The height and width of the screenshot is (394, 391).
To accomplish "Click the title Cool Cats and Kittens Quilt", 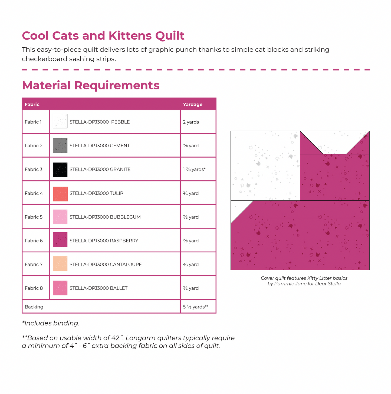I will [x=103, y=36].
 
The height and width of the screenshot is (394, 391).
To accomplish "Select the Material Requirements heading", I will [x=91, y=85].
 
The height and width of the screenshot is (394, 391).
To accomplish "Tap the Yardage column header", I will [x=192, y=105].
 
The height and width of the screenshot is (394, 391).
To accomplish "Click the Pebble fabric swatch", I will [x=60, y=121].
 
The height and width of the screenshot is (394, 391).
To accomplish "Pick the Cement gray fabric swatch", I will [x=60, y=145].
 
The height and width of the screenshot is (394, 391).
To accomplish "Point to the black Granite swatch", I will [x=60, y=170].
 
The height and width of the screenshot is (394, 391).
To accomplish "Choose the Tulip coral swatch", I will [x=60, y=194].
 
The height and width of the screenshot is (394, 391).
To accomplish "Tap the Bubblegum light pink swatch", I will [x=60, y=217].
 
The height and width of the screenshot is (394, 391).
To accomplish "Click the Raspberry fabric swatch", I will [x=60, y=239].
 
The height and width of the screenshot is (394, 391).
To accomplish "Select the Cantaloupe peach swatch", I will [x=60, y=263].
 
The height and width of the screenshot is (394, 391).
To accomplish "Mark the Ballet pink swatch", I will [x=60, y=288].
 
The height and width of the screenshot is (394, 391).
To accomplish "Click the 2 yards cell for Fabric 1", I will [x=191, y=122].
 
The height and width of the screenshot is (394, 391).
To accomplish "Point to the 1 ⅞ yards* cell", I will [x=194, y=170].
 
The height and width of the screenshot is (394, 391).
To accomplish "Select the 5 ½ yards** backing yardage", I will [x=195, y=307].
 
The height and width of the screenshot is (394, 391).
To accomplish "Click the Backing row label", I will [x=34, y=307].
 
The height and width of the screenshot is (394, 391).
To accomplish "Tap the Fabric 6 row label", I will [x=34, y=241].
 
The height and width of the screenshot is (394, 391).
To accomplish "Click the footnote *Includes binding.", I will [x=51, y=323].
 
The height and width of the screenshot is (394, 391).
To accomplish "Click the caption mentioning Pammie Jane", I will [x=304, y=284].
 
